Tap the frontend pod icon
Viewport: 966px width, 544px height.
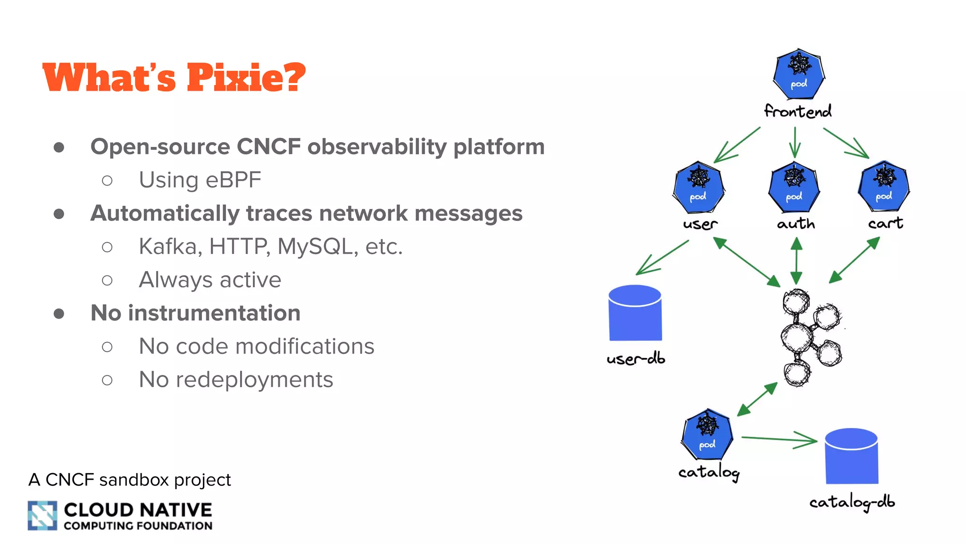pyautogui.click(x=799, y=74)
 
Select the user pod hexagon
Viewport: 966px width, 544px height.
pyautogui.click(x=699, y=187)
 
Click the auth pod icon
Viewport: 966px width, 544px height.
pyautogui.click(x=794, y=187)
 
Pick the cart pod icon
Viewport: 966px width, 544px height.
pyautogui.click(x=884, y=186)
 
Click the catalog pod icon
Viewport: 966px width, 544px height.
pyautogui.click(x=707, y=434)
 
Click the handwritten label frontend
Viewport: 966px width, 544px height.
pyautogui.click(x=798, y=111)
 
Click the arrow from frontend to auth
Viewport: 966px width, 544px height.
pyautogui.click(x=795, y=142)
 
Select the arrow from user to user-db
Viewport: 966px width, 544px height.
pyautogui.click(x=662, y=257)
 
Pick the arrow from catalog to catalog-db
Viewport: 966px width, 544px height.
pyautogui.click(x=779, y=440)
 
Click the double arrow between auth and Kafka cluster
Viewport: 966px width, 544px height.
pyautogui.click(x=796, y=261)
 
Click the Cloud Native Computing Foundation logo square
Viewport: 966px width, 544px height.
pyautogui.click(x=42, y=515)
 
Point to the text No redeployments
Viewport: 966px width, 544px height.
pyautogui.click(x=236, y=380)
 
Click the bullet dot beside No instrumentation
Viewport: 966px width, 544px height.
pyautogui.click(x=59, y=314)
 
